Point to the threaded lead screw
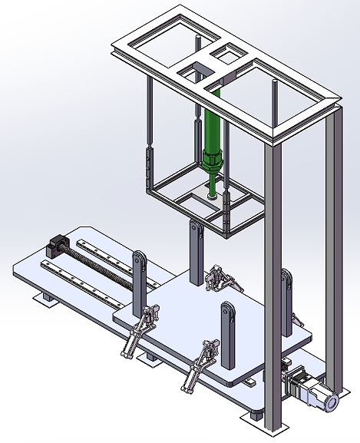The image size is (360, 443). pos(100,261)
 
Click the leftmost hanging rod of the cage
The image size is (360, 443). pos(148,131)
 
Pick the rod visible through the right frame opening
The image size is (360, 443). pos(274,100)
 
